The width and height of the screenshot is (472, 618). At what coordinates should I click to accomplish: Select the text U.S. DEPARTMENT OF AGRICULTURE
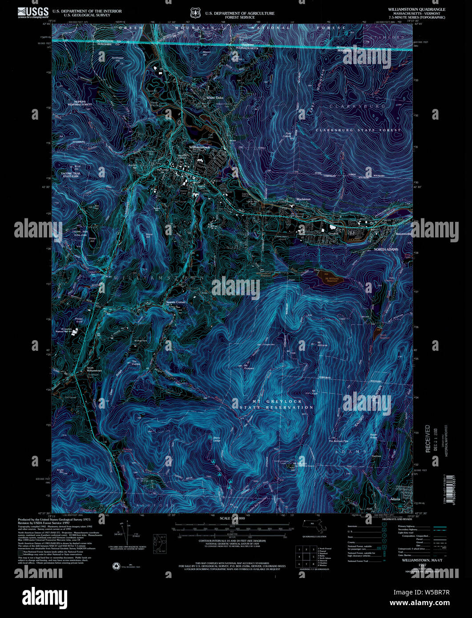pos(240,13)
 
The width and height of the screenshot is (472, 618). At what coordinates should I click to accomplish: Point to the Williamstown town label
pos(199,147)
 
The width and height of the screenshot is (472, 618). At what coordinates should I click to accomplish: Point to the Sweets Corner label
pos(176,302)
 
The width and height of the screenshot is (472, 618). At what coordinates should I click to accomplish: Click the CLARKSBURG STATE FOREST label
pos(358,130)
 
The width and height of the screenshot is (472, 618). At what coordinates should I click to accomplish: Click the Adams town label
pos(395,499)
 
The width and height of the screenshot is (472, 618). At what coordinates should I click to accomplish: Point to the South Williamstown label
pos(94,369)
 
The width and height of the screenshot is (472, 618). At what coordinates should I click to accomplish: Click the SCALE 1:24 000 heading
pos(232,518)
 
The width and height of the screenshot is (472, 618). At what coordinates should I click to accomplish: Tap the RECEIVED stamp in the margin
pos(428,439)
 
